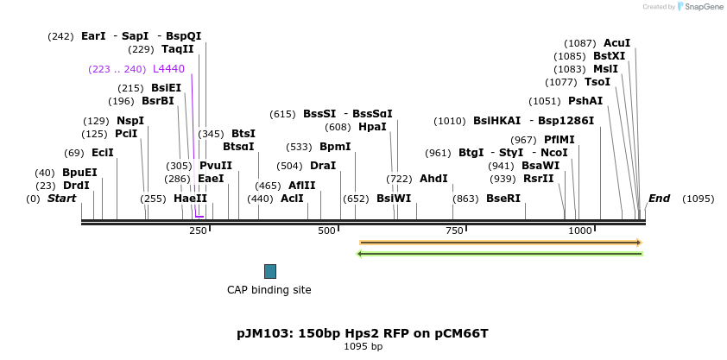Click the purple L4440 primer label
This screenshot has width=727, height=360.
pyautogui.click(x=168, y=68)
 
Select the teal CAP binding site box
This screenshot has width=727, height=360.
pyautogui.click(x=270, y=271)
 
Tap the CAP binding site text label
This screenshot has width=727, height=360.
pyautogui.click(x=269, y=290)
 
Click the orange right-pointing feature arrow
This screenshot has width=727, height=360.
pyautogui.click(x=500, y=243)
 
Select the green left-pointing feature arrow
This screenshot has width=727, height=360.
pyautogui.click(x=500, y=253)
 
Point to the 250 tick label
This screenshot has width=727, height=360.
pyautogui.click(x=198, y=231)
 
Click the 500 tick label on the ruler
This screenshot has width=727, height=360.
pyautogui.click(x=326, y=231)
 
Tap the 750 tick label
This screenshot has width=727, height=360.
pyautogui.click(x=454, y=231)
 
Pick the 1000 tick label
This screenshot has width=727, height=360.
pyautogui.click(x=580, y=231)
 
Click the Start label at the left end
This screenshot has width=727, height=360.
pyautogui.click(x=61, y=199)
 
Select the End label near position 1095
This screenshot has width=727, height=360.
pyautogui.click(x=659, y=199)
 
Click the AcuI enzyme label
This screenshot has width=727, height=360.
pyautogui.click(x=616, y=43)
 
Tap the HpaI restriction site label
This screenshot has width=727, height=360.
pyautogui.click(x=372, y=127)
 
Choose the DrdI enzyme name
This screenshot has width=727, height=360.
pyautogui.click(x=75, y=186)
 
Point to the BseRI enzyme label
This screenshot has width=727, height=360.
pyautogui.click(x=503, y=199)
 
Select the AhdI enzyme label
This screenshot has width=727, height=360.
pyautogui.click(x=433, y=179)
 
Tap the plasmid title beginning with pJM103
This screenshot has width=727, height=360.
pyautogui.click(x=363, y=332)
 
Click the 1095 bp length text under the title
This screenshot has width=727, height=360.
pyautogui.click(x=363, y=346)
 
